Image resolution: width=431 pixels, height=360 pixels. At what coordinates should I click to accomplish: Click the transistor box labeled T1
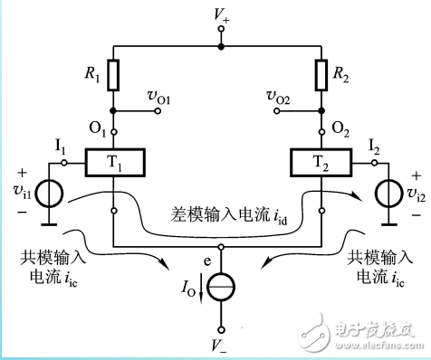(112, 164)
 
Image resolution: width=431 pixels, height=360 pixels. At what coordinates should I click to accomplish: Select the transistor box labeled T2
(321, 164)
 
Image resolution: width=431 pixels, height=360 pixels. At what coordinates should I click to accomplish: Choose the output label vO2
(277, 96)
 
